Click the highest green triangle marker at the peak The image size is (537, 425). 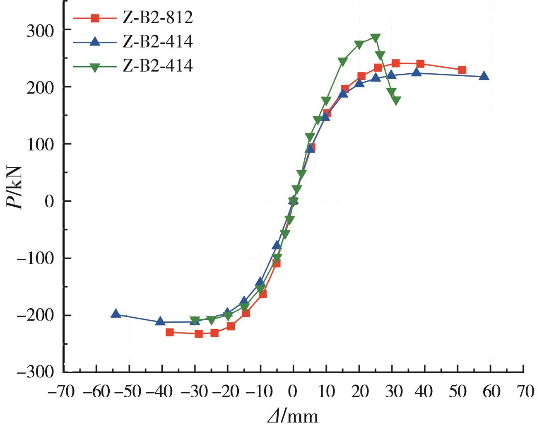[375, 38]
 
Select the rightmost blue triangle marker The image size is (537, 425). [484, 76]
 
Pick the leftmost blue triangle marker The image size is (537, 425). [116, 314]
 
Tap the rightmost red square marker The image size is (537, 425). [462, 70]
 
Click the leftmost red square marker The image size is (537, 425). [170, 332]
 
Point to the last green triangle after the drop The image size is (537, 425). [396, 100]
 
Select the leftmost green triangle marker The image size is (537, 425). [195, 321]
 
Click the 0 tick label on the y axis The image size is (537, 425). [50, 201]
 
